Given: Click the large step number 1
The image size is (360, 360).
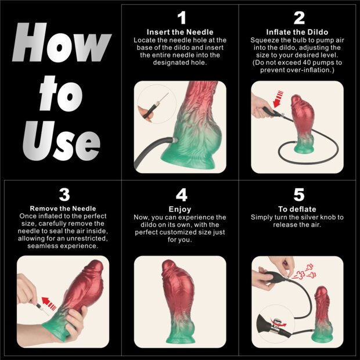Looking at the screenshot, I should pyautogui.click(x=181, y=18).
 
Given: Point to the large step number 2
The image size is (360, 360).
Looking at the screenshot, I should pyautogui.click(x=299, y=18).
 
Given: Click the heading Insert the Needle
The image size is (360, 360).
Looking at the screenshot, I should pyautogui.click(x=181, y=31).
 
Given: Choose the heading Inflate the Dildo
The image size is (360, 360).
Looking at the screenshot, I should pyautogui.click(x=299, y=31).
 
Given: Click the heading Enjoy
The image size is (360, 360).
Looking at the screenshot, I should pyautogui.click(x=181, y=208).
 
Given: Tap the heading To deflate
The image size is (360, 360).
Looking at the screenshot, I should pyautogui.click(x=298, y=208).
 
